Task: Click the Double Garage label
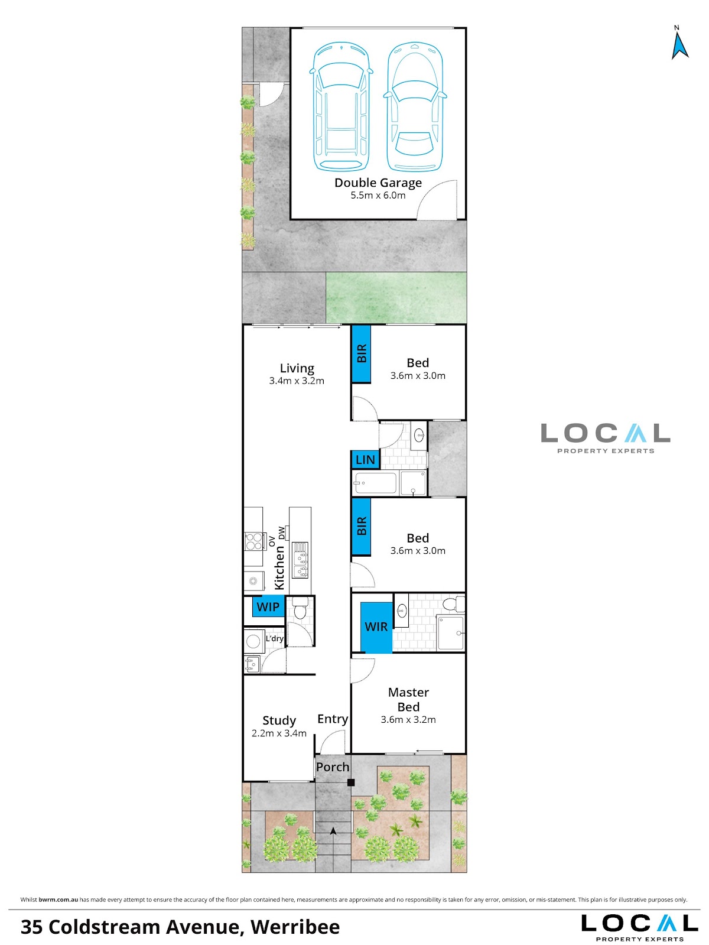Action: (378, 183)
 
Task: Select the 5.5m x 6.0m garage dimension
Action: (378, 196)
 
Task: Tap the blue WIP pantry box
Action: (268, 606)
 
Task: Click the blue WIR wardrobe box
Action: (376, 627)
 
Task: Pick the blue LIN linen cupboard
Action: (365, 460)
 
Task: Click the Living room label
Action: (297, 368)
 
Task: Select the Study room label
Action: (279, 721)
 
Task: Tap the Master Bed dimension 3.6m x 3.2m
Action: (408, 719)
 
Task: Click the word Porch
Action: (333, 767)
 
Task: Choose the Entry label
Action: (333, 719)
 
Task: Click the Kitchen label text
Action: (279, 567)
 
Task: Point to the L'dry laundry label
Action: (275, 638)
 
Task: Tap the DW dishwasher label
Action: (282, 532)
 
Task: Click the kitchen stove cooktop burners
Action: (254, 541)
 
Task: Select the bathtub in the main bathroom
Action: (374, 483)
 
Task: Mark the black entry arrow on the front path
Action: (333, 831)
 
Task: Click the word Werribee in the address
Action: (295, 927)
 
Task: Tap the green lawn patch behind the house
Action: (396, 297)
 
